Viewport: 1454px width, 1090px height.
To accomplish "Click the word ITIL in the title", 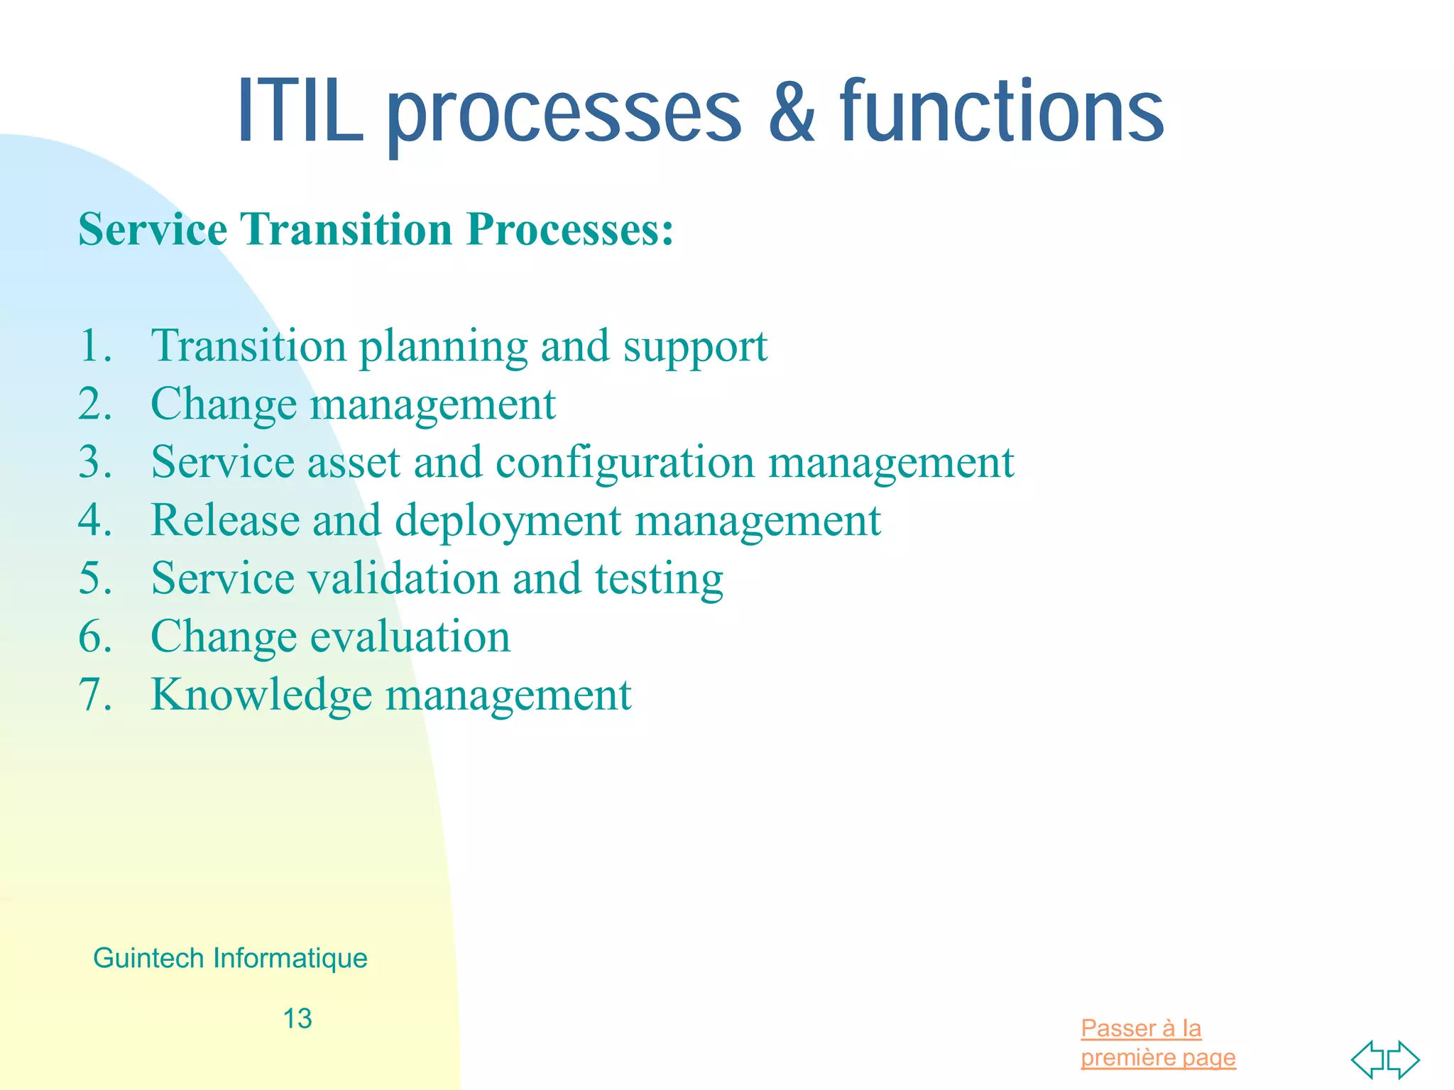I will (300, 112).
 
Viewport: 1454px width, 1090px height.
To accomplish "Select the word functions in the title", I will (1001, 112).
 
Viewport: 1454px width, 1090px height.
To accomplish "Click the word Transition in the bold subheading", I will (346, 230).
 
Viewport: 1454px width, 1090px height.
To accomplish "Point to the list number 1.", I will (95, 346).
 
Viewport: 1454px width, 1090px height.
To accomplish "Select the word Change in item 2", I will (224, 404).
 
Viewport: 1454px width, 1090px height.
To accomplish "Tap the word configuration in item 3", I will (625, 463).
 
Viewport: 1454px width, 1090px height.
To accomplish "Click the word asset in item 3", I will (354, 463).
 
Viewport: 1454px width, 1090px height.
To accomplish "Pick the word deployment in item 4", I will (508, 521).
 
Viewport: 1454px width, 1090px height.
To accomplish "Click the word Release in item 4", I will (225, 521).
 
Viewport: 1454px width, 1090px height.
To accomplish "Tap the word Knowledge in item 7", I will (261, 695).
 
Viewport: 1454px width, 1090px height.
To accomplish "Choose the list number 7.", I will (95, 695).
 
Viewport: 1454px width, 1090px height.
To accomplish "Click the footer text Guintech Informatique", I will (230, 958).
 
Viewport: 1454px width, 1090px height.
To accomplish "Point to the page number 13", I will (297, 1019).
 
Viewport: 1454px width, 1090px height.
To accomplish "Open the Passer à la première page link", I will (1157, 1042).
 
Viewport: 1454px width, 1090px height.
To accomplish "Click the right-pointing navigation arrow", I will (1404, 1059).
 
